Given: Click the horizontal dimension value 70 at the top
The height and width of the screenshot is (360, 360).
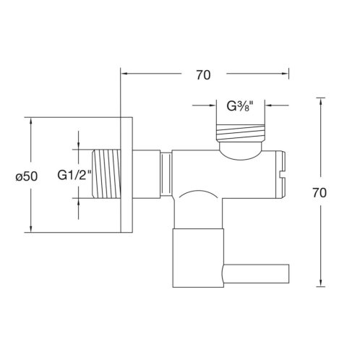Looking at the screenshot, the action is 203,75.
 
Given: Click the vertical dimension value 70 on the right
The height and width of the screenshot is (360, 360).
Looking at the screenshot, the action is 320,193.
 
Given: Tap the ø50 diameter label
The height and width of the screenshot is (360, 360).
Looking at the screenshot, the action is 27,176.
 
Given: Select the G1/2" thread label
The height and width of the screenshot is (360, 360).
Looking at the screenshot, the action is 74,175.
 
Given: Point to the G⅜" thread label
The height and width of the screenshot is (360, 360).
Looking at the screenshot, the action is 240,106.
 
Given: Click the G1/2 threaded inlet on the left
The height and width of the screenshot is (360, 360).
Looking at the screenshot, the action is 106,173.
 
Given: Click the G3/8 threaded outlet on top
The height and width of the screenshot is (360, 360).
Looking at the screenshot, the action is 240,132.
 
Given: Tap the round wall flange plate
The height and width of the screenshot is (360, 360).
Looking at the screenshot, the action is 127,175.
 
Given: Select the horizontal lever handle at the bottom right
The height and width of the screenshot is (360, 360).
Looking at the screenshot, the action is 256,274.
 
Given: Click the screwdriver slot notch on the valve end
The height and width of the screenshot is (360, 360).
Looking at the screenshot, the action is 281,174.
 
